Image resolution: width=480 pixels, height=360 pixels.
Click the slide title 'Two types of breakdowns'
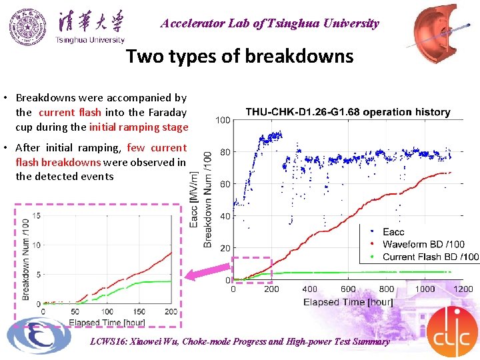tap(240, 56)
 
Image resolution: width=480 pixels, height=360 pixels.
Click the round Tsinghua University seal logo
tap(28, 26)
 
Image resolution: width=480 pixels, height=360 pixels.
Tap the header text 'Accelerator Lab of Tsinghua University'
tap(269, 23)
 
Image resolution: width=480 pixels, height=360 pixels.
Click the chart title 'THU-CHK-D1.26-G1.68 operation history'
tap(348, 112)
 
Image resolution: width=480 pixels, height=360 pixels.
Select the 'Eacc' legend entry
tap(393, 232)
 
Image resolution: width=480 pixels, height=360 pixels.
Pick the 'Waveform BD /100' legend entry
tap(423, 244)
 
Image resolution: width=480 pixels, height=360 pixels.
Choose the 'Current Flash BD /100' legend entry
tap(430, 257)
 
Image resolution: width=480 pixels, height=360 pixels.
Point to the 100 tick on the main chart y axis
tap(223, 120)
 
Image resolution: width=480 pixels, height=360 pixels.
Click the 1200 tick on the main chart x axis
tap(463, 289)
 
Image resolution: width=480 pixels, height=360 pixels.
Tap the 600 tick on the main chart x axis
tap(348, 289)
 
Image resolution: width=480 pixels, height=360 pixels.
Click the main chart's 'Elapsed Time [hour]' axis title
tap(348, 302)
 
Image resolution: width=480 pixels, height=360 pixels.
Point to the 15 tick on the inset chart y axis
tap(36, 215)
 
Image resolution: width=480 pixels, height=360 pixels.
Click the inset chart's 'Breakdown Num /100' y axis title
tap(25, 259)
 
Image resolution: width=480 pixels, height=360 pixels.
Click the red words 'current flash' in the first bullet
tap(70, 113)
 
